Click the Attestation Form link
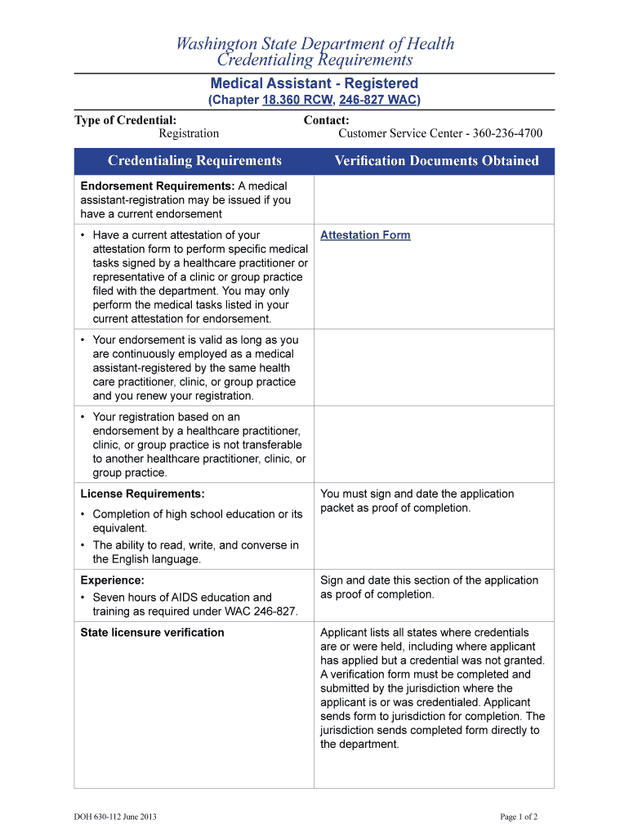365,235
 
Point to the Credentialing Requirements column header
194,161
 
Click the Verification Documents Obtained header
436,161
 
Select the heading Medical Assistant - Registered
314,83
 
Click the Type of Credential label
125,120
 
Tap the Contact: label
326,120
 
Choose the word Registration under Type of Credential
189,133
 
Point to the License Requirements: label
142,494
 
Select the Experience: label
112,580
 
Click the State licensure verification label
152,633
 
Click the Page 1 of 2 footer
519,817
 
